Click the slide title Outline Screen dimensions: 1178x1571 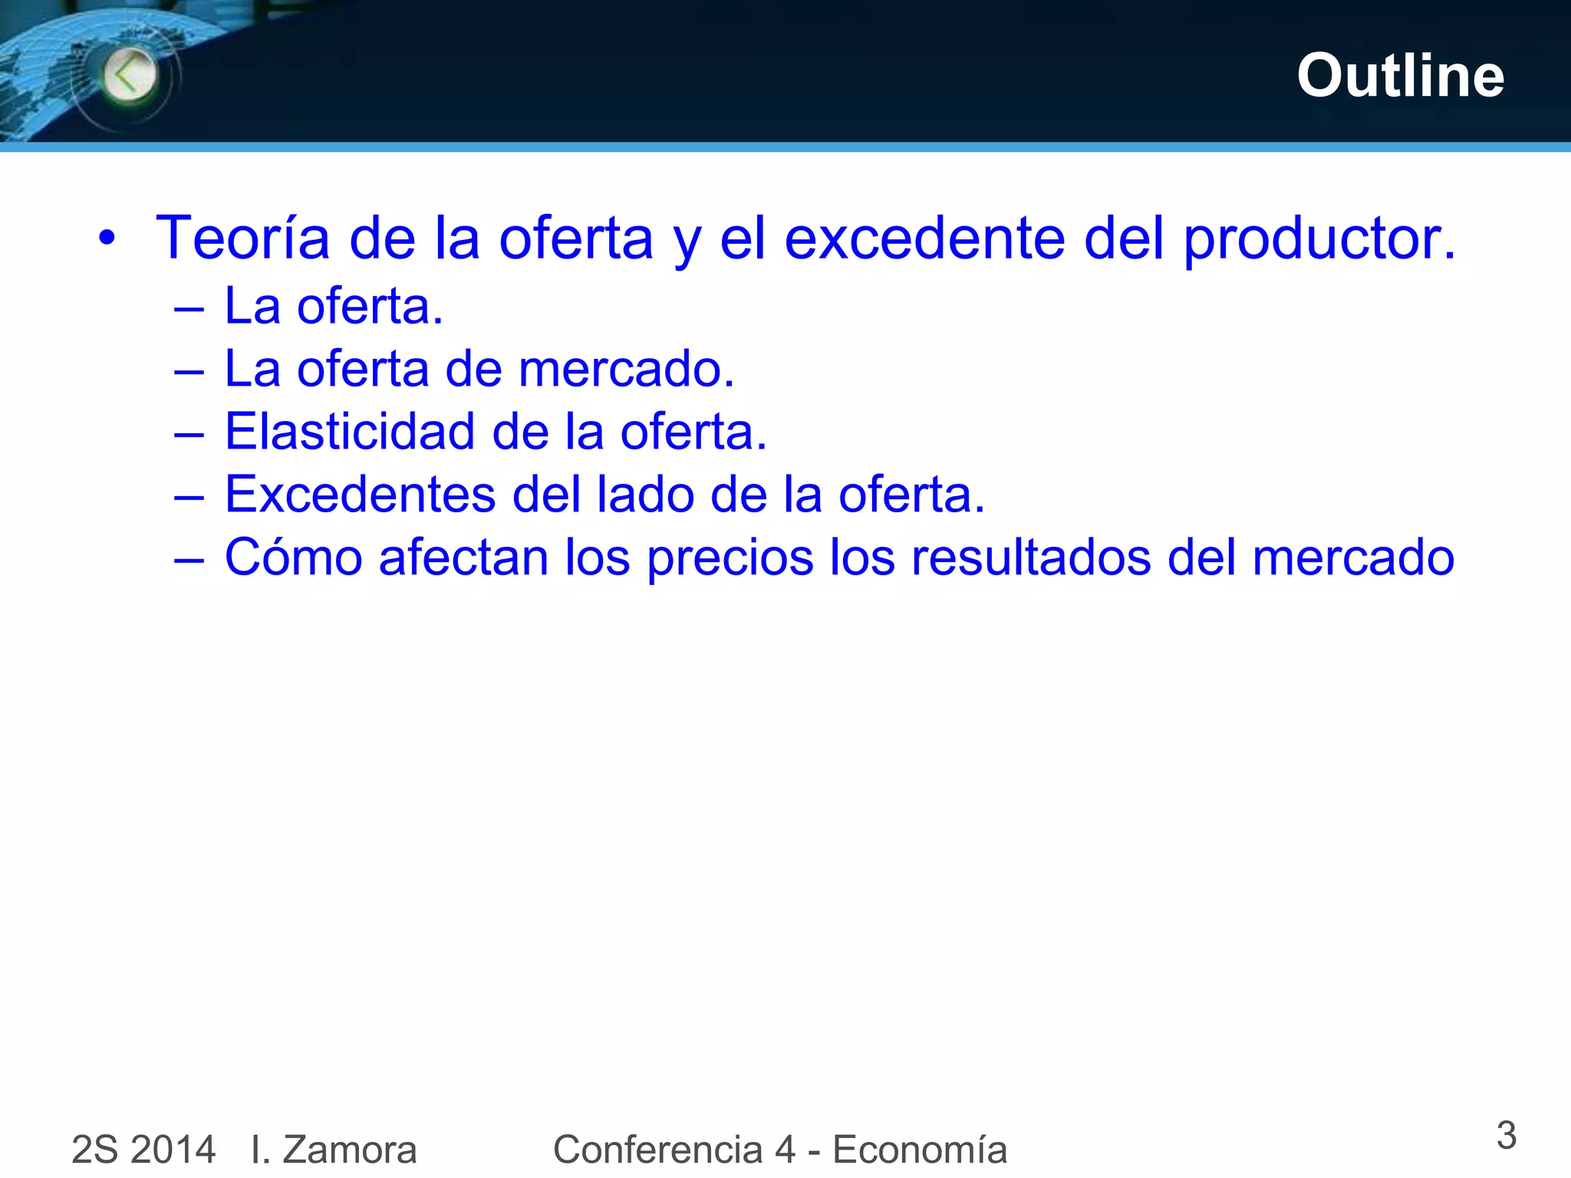click(x=1400, y=76)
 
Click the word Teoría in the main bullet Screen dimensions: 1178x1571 click(x=242, y=238)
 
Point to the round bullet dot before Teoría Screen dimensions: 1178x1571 click(x=107, y=238)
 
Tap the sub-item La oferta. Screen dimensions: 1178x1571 click(x=334, y=306)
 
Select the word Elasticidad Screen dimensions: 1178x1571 click(x=349, y=431)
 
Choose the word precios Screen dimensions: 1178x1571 click(x=730, y=558)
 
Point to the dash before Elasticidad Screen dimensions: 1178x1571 click(x=189, y=434)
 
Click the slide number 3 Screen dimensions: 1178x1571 click(x=1506, y=1135)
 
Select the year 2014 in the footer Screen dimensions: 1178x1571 click(x=173, y=1150)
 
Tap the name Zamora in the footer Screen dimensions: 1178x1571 click(x=349, y=1150)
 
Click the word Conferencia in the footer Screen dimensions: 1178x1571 click(x=657, y=1150)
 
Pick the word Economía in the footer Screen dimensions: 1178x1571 click(x=920, y=1150)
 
